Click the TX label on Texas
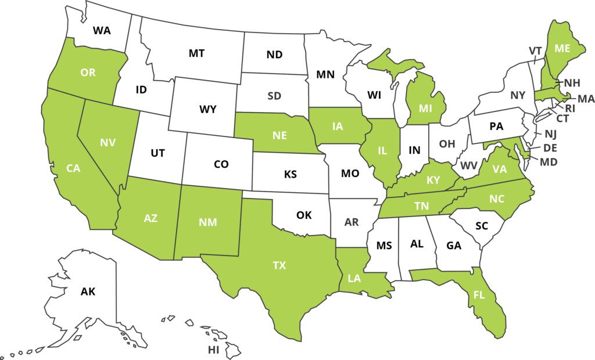click(x=279, y=265)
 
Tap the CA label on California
click(x=73, y=168)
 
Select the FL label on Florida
click(x=479, y=295)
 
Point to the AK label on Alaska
click(x=88, y=291)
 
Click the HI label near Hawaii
click(x=213, y=350)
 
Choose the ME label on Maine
click(x=562, y=49)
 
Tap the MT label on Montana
click(x=196, y=53)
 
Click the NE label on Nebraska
click(x=280, y=135)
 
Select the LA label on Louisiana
click(x=355, y=278)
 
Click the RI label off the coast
click(x=570, y=108)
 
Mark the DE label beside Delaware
click(x=550, y=148)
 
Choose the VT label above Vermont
click(x=535, y=51)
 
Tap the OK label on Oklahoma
click(x=304, y=215)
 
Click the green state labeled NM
click(x=208, y=221)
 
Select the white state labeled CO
click(x=221, y=164)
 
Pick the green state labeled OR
click(x=88, y=73)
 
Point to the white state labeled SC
click(x=481, y=226)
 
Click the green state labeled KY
click(x=433, y=180)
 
